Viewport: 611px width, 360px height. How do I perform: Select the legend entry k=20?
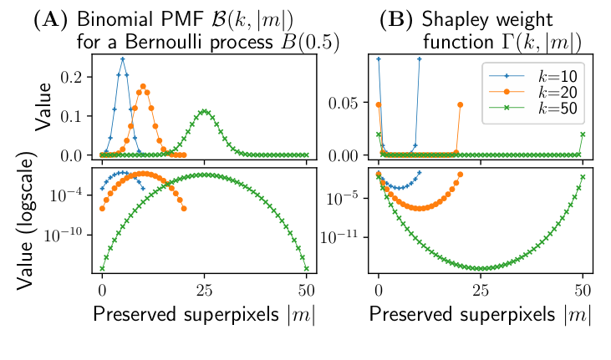pos(536,91)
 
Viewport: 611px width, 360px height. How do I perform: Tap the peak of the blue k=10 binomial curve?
pos(123,58)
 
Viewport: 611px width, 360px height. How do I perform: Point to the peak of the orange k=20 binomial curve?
pos(143,85)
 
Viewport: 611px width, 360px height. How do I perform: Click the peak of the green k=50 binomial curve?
pos(205,110)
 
